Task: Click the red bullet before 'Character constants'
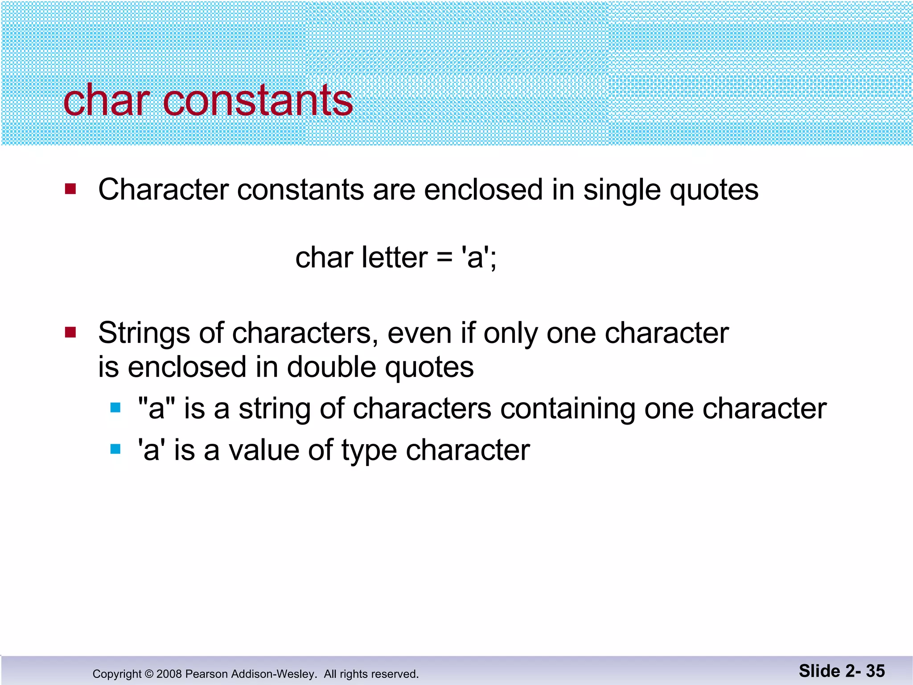click(70, 189)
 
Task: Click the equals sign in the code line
click(444, 258)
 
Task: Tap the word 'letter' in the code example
click(395, 258)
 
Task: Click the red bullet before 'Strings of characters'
click(70, 332)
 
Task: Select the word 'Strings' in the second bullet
click(144, 334)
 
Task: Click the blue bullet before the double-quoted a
click(115, 408)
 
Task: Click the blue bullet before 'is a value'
click(115, 449)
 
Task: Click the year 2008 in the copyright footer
click(169, 674)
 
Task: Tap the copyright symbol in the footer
click(149, 674)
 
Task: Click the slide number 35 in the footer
click(875, 671)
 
